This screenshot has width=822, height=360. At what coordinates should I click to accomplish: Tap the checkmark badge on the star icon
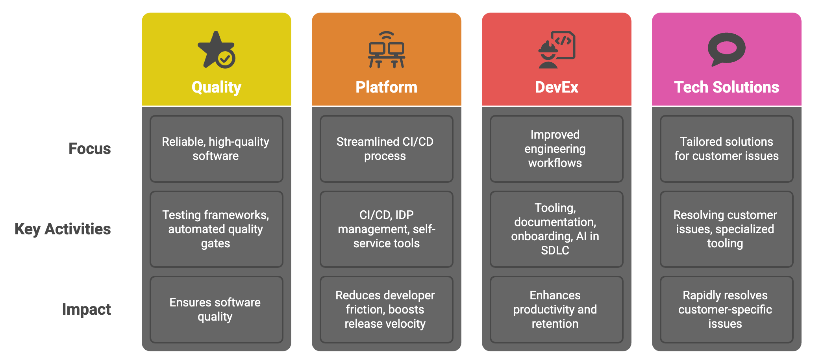point(226,59)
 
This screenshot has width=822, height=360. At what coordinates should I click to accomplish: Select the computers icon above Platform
point(387,50)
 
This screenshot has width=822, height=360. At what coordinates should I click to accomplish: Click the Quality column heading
point(217,87)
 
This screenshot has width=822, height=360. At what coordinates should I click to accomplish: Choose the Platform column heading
point(386,87)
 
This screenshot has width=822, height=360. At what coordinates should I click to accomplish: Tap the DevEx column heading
point(556,87)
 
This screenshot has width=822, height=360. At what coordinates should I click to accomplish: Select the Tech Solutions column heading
point(726,87)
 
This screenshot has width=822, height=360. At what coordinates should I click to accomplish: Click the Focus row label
point(90,149)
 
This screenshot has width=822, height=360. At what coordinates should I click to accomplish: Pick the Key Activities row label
point(63,229)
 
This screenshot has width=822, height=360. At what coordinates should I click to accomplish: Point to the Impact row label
point(87,310)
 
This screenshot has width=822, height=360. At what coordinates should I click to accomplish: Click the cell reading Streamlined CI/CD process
point(386,149)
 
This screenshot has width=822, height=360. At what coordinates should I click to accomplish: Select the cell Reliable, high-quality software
point(216,149)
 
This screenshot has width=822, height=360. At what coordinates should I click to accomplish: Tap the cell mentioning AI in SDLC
point(556,229)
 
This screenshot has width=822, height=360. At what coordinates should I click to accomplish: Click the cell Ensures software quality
point(216,310)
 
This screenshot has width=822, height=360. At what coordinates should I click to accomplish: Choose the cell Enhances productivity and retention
point(556,310)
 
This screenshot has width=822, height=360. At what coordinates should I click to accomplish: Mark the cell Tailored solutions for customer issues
point(726,149)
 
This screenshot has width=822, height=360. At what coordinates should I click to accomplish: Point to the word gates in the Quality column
point(215,244)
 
